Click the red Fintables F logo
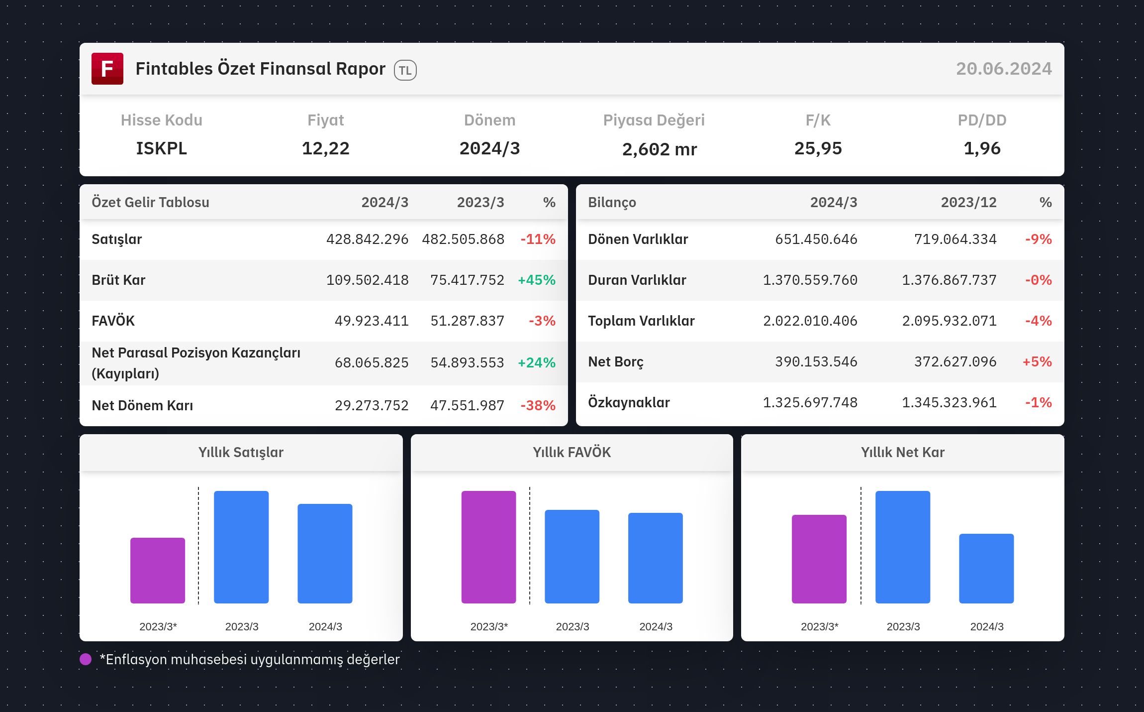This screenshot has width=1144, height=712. (107, 69)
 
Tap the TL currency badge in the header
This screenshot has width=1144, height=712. (405, 70)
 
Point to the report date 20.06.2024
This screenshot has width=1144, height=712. (1004, 69)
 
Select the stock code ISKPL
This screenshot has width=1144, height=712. (162, 148)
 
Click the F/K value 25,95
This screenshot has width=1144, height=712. (818, 148)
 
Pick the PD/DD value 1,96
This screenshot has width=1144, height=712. (982, 148)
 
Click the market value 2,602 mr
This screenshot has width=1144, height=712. (660, 149)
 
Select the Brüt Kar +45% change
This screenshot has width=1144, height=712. (537, 280)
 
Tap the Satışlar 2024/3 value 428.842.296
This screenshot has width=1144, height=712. (368, 239)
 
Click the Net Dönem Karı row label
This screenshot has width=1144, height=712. (142, 405)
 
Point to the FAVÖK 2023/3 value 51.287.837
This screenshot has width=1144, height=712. (468, 321)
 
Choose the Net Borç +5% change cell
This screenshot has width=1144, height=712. (1037, 361)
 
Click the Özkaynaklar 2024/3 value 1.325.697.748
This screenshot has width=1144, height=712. (810, 402)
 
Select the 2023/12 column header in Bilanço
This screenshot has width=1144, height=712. (969, 202)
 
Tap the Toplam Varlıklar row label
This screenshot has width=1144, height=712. (642, 321)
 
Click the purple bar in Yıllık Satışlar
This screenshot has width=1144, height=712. (158, 571)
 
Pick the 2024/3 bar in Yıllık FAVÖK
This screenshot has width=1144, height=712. (656, 558)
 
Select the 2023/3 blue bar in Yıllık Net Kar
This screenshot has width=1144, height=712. (903, 547)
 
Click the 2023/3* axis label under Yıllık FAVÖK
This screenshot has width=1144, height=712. (489, 626)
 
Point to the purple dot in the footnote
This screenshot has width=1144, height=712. (86, 659)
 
